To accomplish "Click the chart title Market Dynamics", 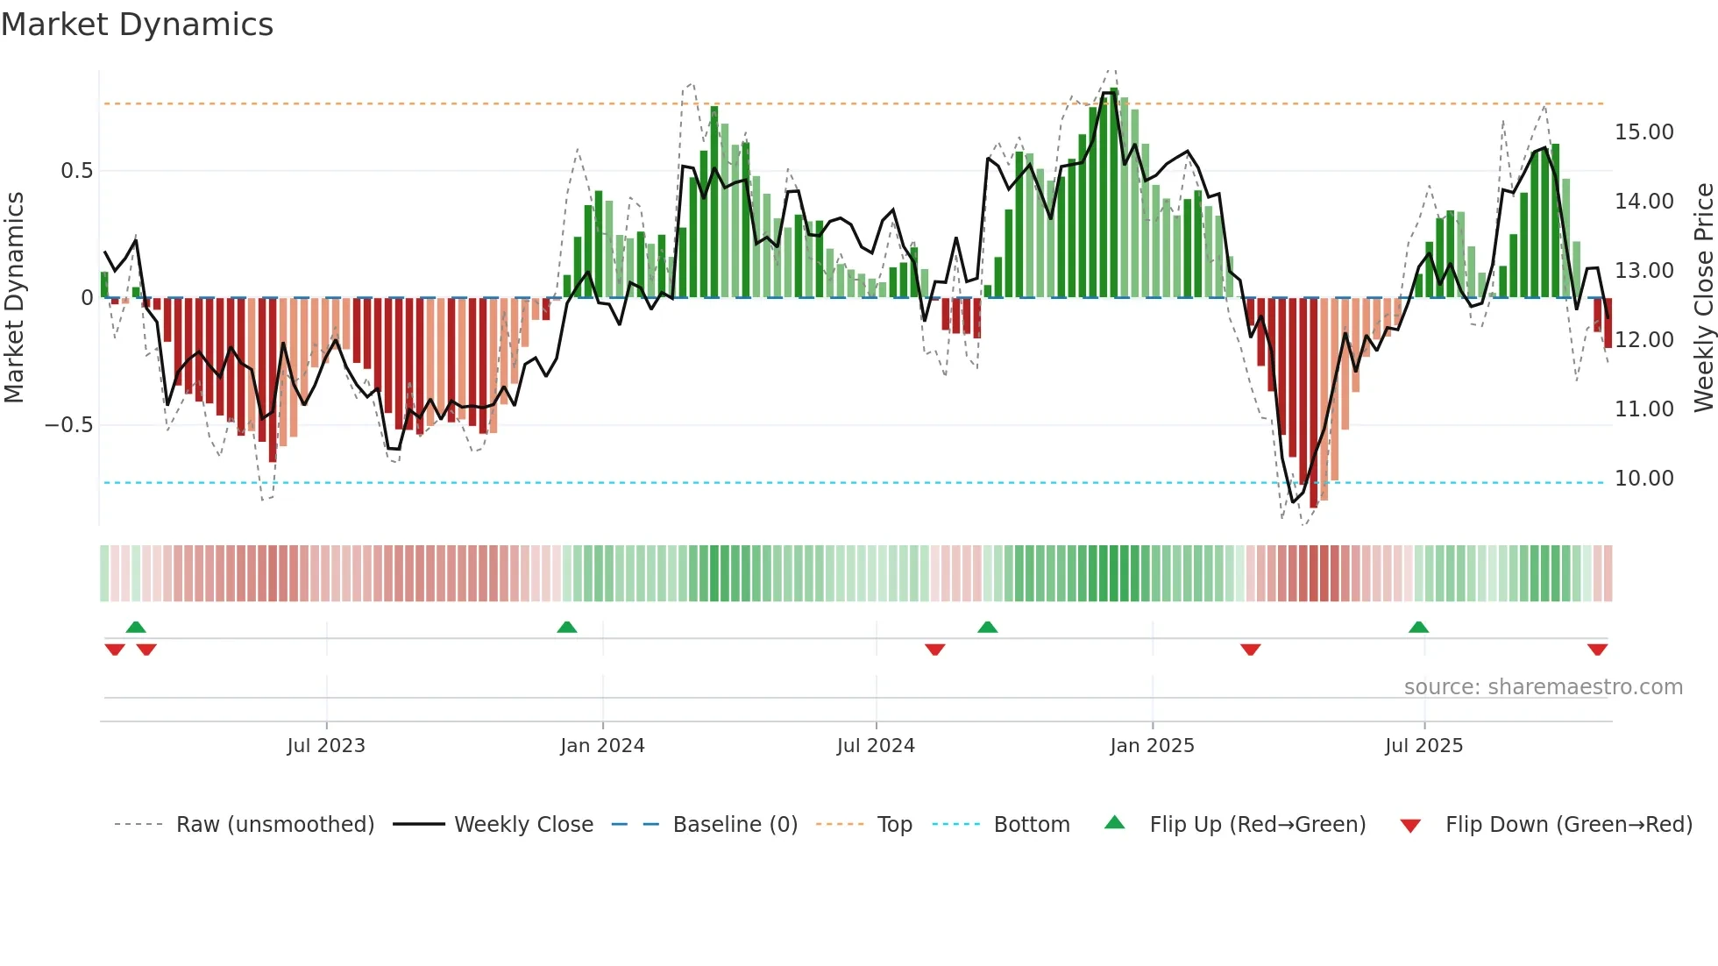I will point(137,25).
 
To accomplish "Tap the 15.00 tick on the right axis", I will point(1643,132).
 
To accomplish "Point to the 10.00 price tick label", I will point(1643,479).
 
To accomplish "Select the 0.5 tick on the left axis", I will point(76,171).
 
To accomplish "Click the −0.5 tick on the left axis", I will point(68,425).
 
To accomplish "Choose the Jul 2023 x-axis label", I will point(325,746).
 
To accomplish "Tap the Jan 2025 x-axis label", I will point(1151,746).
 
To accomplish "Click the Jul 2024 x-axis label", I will point(875,746).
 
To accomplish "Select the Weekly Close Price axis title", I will point(1703,297).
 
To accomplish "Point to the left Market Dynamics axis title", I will point(14,297).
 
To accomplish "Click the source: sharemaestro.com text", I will point(1543,687).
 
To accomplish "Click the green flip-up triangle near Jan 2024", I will point(567,628).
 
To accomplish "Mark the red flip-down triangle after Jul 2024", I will point(935,650).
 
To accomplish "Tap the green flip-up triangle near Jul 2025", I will point(1418,628).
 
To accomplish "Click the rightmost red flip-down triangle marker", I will point(1597,650).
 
